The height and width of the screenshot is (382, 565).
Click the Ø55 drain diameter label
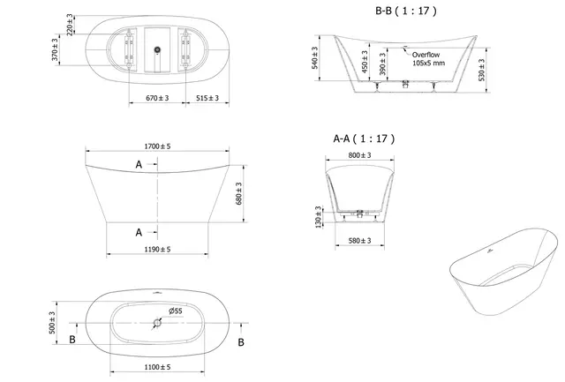[x=175, y=311]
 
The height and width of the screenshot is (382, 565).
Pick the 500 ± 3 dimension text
[x=53, y=324]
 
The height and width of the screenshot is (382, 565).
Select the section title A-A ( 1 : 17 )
[x=364, y=139]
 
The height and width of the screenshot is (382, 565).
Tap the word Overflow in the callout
[x=426, y=55]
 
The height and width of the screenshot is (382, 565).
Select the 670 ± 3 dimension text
[x=156, y=98]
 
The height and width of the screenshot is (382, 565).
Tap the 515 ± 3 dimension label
[x=207, y=98]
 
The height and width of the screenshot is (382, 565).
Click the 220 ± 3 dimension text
[x=70, y=24]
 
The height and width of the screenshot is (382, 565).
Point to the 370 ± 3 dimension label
[x=54, y=53]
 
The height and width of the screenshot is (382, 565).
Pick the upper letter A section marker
[x=139, y=165]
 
